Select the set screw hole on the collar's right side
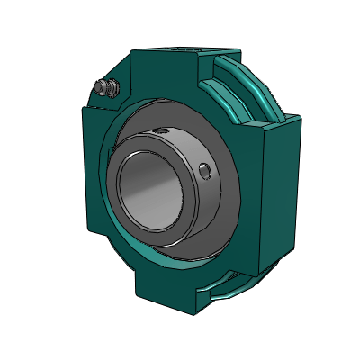pyautogui.click(x=206, y=169)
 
